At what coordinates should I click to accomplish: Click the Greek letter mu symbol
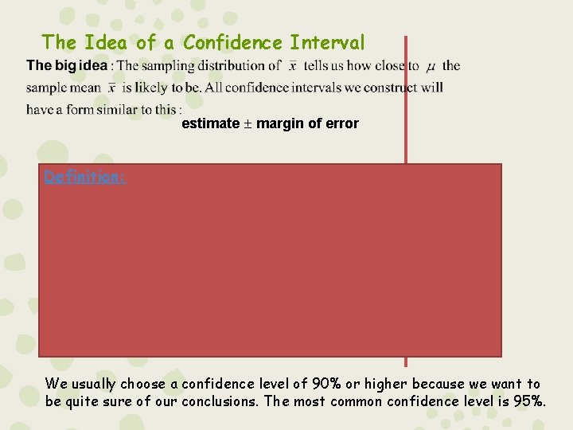click(431, 67)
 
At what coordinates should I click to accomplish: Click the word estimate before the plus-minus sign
click(210, 123)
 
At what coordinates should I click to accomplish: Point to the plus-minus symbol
click(248, 123)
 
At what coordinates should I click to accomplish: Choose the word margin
click(278, 123)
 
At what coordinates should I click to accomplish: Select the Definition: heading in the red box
click(84, 177)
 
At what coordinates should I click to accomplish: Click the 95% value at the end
click(529, 401)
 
